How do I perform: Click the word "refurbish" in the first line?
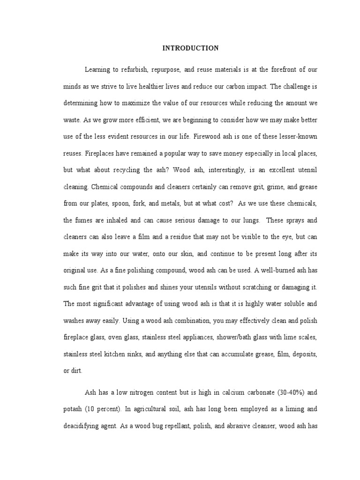(x=134, y=69)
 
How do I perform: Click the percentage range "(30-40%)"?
(x=283, y=392)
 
